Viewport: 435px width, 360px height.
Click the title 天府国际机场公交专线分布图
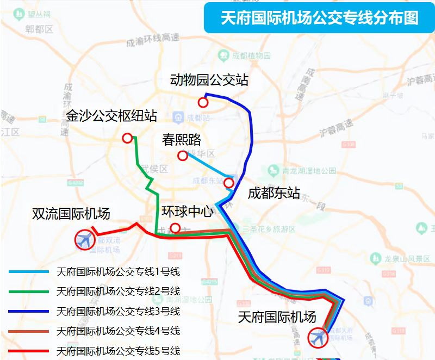319,18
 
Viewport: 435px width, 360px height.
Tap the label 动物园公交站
209,80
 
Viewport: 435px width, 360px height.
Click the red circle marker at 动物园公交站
203,102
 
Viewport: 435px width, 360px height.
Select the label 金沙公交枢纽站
111,116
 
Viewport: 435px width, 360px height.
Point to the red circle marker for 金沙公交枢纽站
127,138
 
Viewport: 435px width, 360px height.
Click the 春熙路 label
182,140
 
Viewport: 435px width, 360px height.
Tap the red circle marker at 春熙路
183,156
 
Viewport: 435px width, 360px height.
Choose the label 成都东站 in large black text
274,193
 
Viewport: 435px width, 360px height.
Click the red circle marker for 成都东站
229,183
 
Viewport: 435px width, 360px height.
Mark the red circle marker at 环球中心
175,228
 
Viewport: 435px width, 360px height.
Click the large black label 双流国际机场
71,214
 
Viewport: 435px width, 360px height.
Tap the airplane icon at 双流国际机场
84,239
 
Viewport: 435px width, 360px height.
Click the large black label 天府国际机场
277,317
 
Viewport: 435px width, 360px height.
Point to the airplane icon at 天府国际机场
318,338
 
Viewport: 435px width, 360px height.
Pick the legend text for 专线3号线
118,312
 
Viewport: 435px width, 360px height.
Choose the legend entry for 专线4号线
118,331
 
